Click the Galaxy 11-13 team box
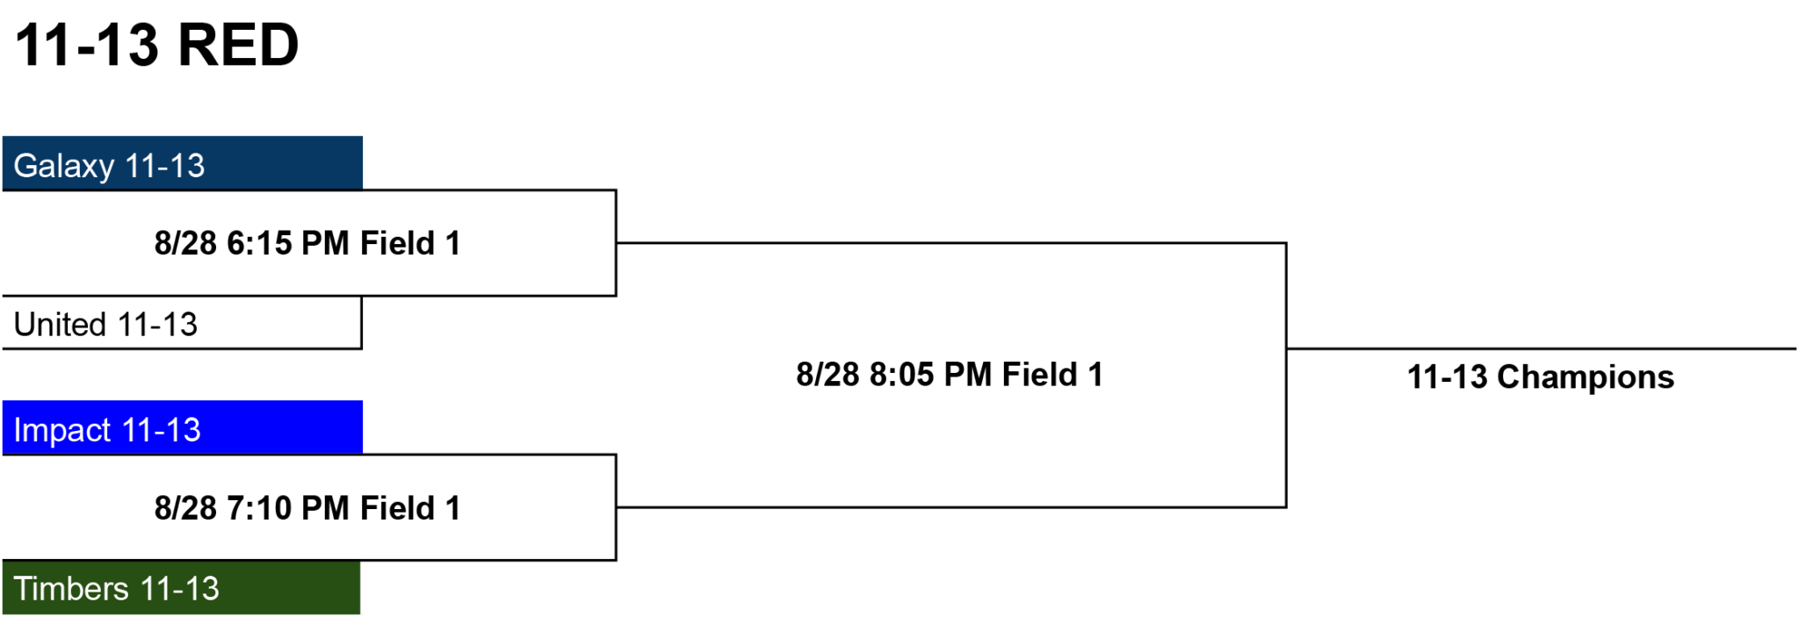tap(183, 163)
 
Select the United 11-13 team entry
tap(182, 323)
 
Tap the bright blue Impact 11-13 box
tap(183, 427)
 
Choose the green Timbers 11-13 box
tap(182, 587)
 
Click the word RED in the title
tap(238, 45)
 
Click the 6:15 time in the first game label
tap(259, 243)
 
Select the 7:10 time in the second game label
tap(259, 508)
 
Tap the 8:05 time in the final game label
tap(901, 375)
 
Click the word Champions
tap(1586, 378)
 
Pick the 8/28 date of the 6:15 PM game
tap(185, 243)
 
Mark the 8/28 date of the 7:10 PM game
tap(185, 508)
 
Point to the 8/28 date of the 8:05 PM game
tap(827, 375)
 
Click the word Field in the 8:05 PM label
tap(1039, 375)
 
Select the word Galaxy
tap(64, 167)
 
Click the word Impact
tap(62, 431)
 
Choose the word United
tap(61, 325)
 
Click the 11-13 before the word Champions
tap(1448, 377)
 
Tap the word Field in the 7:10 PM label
tap(397, 508)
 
